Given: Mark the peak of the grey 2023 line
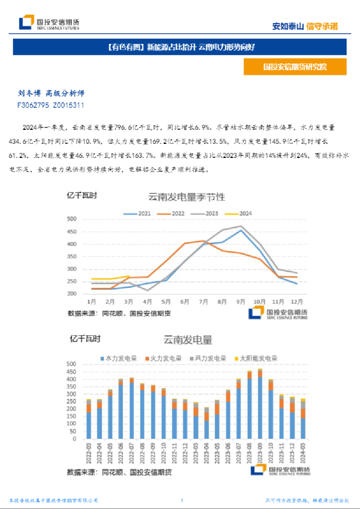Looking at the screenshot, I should (241, 226).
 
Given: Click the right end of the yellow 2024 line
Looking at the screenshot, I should (129, 276).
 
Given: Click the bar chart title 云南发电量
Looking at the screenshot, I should (187, 340).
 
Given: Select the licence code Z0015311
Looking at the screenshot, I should (68, 106).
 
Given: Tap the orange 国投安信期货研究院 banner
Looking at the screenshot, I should (295, 67).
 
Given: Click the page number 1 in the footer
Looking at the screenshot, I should (182, 500).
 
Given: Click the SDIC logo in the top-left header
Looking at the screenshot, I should (49, 23).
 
